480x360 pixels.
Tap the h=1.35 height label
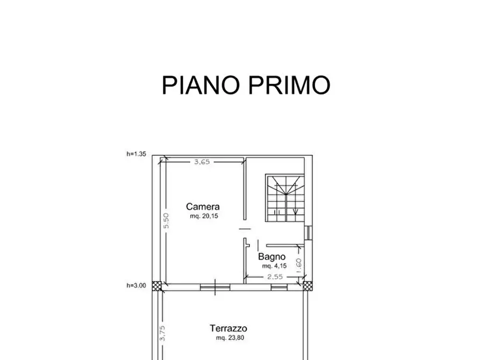[137, 154]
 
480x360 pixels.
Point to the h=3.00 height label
[137, 286]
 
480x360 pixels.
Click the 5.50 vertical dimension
[167, 221]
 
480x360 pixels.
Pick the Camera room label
[203, 206]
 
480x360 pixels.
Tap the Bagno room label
[271, 257]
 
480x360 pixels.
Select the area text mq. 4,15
[273, 266]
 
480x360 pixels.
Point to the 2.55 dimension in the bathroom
[274, 277]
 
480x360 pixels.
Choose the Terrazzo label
[228, 328]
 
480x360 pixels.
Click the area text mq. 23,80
[228, 338]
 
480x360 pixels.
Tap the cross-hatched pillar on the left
[156, 286]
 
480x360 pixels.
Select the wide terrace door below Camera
[216, 287]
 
